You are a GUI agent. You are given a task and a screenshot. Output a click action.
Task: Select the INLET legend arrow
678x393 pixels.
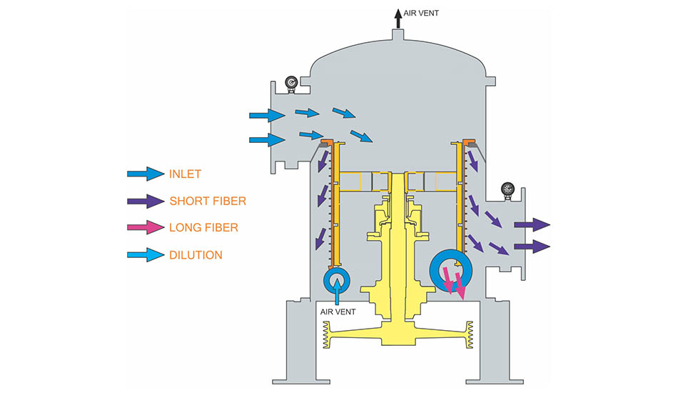click(146, 174)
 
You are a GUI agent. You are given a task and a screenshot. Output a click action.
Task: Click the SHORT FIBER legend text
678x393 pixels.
click(208, 202)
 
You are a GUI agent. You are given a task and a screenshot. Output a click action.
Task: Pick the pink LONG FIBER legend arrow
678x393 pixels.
click(146, 228)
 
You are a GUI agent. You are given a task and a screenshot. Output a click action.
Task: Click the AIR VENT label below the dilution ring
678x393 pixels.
click(338, 312)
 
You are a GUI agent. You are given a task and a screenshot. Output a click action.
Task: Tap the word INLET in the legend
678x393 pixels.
click(185, 174)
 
